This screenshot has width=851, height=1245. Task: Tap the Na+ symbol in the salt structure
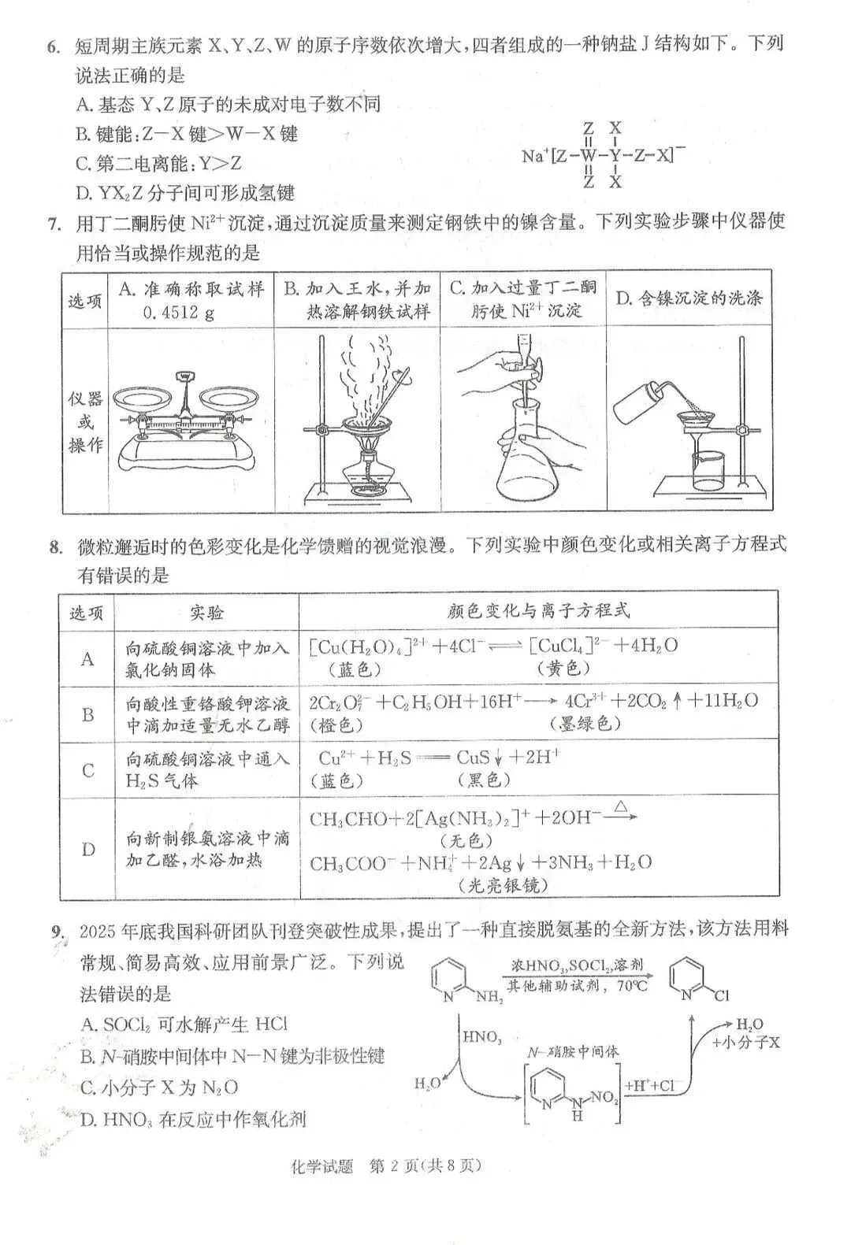(533, 156)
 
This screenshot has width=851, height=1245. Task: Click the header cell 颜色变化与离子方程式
(538, 610)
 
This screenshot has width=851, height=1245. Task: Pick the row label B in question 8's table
(87, 714)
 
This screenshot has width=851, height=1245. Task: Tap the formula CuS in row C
(474, 758)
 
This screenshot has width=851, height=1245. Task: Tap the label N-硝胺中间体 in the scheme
(573, 1050)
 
